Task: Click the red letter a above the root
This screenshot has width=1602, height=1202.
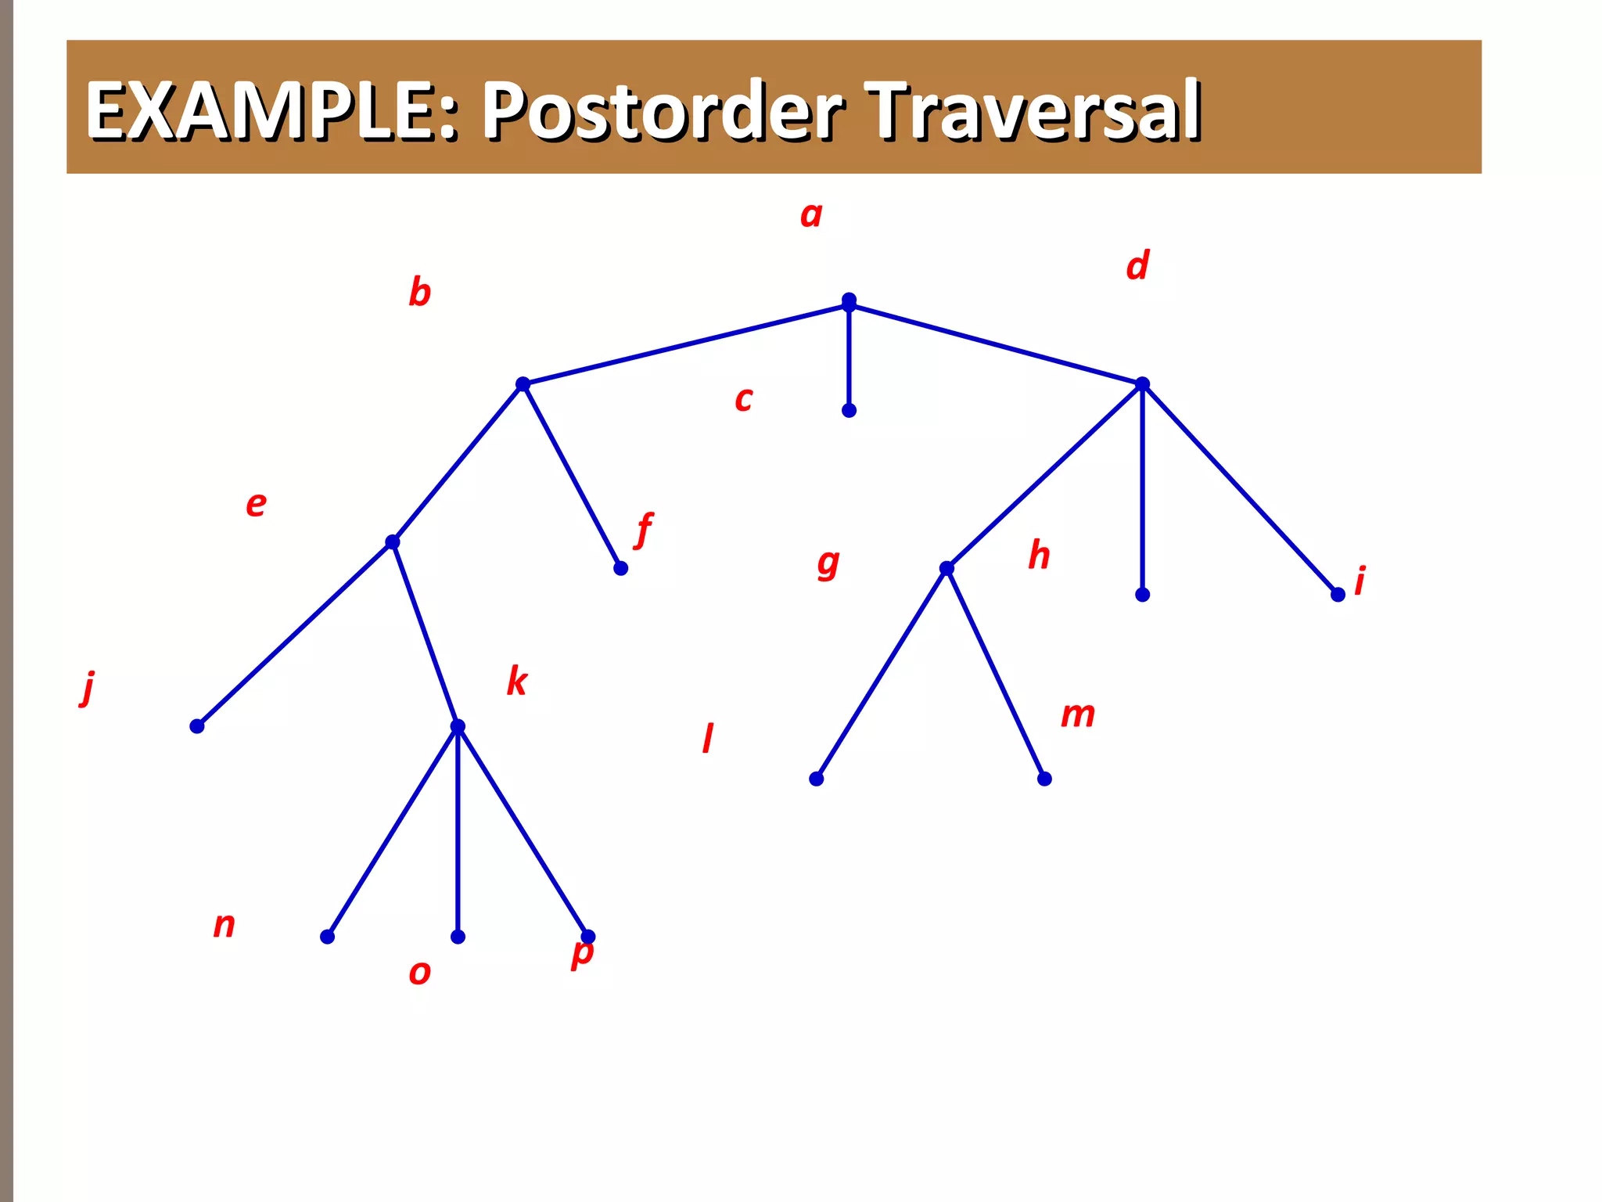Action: click(x=811, y=214)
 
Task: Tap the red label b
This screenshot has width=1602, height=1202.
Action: click(x=419, y=292)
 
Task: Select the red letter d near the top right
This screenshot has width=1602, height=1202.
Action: click(x=1138, y=265)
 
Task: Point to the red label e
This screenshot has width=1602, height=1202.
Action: click(x=256, y=504)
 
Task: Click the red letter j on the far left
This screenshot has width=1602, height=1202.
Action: click(x=88, y=688)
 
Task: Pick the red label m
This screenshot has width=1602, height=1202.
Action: click(x=1077, y=714)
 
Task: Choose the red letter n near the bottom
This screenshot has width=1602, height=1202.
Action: click(x=224, y=926)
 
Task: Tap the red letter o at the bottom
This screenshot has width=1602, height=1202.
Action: click(x=420, y=973)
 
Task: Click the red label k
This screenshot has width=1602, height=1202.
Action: click(x=517, y=681)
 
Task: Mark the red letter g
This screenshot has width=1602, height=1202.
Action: click(x=828, y=563)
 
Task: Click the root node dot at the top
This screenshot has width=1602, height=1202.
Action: click(x=849, y=300)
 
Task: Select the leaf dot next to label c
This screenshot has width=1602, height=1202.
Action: click(x=849, y=410)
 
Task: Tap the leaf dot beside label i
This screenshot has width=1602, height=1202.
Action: click(x=1338, y=595)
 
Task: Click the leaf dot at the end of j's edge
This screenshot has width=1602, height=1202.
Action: click(x=197, y=726)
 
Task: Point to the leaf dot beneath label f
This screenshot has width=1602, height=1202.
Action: click(x=620, y=568)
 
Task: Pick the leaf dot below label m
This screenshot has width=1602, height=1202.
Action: click(x=1044, y=779)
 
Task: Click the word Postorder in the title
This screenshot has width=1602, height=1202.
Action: click(x=662, y=111)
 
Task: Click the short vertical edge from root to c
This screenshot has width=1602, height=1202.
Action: click(x=849, y=356)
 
